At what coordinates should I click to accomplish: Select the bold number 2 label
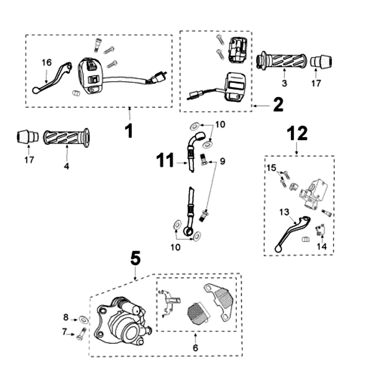click(278, 105)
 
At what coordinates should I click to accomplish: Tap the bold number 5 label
click(135, 258)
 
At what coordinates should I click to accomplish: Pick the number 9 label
click(222, 161)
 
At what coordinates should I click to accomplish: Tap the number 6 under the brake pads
click(196, 348)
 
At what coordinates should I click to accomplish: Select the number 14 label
click(322, 246)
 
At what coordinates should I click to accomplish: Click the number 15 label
click(271, 168)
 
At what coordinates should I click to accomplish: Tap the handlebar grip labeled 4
click(66, 138)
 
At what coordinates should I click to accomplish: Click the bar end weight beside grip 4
click(28, 136)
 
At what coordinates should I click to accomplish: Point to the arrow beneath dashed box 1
click(129, 111)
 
